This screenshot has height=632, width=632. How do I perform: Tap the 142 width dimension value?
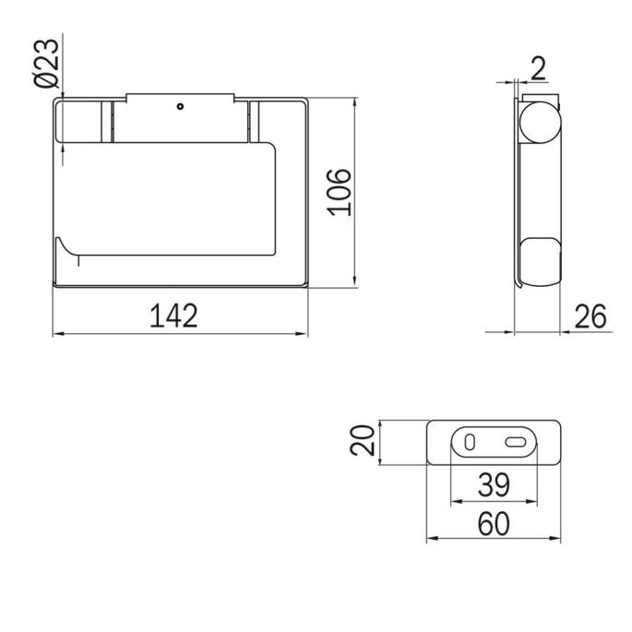pyautogui.click(x=175, y=316)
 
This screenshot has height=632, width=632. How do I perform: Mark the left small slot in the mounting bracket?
pyautogui.click(x=471, y=442)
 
